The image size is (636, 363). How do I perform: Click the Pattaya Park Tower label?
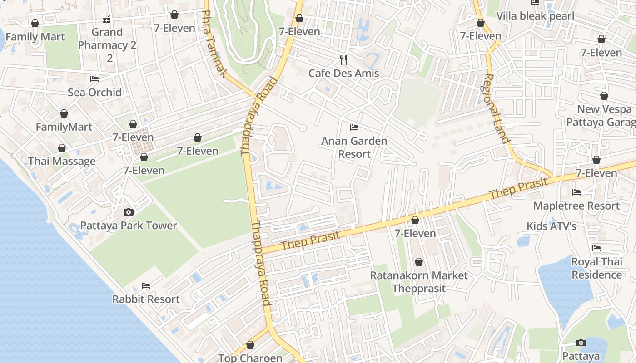click(x=129, y=226)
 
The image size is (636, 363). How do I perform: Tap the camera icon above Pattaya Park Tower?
click(x=129, y=212)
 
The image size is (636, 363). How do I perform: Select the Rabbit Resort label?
click(x=146, y=299)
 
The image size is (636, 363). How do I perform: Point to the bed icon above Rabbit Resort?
click(x=146, y=285)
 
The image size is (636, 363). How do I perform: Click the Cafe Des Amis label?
click(x=343, y=73)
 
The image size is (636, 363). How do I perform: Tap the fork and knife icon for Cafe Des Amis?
click(x=343, y=59)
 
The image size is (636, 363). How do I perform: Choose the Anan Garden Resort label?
click(x=354, y=147)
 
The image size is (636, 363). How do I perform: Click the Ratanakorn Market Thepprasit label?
click(x=418, y=282)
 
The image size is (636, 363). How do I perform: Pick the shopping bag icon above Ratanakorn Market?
click(x=418, y=262)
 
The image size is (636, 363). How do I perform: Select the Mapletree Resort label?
click(x=576, y=206)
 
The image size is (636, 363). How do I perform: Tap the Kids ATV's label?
click(x=551, y=226)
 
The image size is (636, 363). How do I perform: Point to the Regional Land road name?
click(x=497, y=109)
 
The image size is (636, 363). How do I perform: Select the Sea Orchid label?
click(x=94, y=92)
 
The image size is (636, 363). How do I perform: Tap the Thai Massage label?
click(x=62, y=161)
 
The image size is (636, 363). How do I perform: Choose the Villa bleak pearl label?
click(x=535, y=16)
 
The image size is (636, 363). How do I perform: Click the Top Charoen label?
click(x=250, y=358)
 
